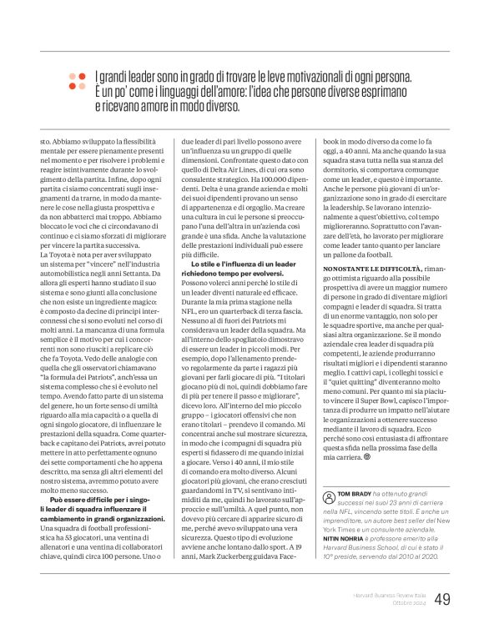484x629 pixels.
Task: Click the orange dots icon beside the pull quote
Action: pyautogui.click(x=77, y=81)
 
